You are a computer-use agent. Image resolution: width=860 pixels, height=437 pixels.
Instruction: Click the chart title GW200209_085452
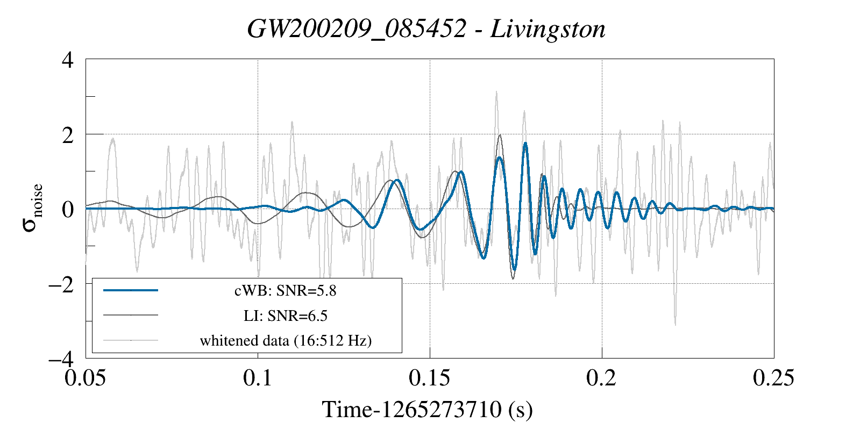(x=356, y=29)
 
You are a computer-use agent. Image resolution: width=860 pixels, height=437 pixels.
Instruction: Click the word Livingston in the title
(x=548, y=29)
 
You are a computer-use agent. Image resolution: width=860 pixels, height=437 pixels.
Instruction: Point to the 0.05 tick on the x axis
(x=86, y=378)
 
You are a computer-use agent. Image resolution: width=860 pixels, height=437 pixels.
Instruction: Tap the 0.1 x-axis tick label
(x=258, y=378)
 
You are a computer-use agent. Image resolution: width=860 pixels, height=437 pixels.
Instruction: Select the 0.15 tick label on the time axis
(x=429, y=378)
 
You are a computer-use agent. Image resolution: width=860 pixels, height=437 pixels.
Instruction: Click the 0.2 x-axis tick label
(x=601, y=378)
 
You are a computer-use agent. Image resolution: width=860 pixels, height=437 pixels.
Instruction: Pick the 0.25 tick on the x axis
(x=773, y=378)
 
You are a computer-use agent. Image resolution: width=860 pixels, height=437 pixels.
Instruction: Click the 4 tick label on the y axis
(x=68, y=60)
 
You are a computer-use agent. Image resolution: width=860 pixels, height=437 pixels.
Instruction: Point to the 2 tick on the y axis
(x=68, y=134)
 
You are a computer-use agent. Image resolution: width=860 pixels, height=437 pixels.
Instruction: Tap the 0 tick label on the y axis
(x=68, y=209)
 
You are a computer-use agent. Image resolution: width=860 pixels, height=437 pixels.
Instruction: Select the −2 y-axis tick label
(x=61, y=284)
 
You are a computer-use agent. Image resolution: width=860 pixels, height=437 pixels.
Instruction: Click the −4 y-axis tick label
(x=61, y=359)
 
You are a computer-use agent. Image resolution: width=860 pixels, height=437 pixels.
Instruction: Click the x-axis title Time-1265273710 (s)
(x=427, y=410)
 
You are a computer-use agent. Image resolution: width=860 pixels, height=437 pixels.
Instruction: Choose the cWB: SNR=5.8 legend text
(x=285, y=291)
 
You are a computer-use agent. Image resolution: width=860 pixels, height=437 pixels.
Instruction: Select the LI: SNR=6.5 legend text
(x=285, y=316)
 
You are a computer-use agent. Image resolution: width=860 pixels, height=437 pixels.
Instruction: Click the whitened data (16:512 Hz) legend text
(x=285, y=340)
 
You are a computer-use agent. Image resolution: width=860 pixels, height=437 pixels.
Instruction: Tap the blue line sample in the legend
(x=131, y=290)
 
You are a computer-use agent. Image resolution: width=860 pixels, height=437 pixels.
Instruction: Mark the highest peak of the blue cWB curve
(x=525, y=143)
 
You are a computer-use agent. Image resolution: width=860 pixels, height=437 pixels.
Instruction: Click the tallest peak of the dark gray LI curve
(x=500, y=135)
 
